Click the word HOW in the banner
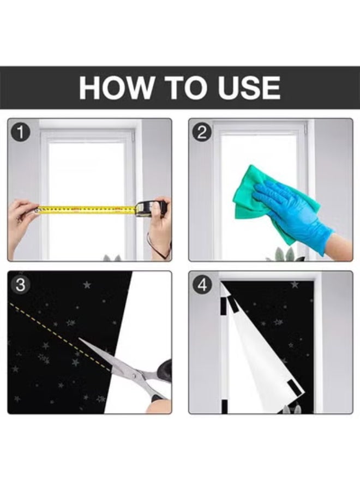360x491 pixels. [115, 87]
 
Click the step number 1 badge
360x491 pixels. [20, 133]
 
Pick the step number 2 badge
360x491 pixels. [202, 133]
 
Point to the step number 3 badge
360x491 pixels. [20, 285]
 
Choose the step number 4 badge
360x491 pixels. [202, 285]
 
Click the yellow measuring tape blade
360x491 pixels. [87, 209]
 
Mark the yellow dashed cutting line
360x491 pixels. [60, 337]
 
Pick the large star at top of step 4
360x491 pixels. [295, 285]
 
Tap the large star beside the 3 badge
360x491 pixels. [87, 285]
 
